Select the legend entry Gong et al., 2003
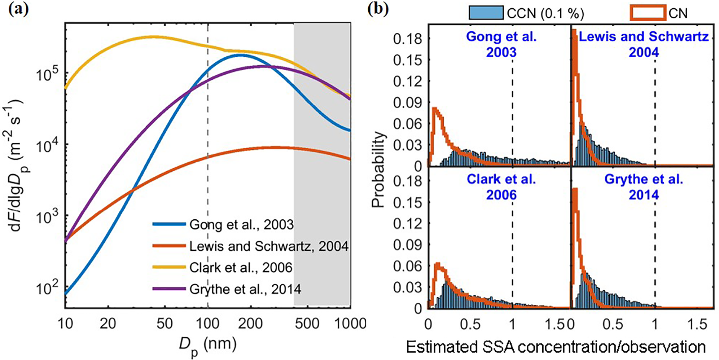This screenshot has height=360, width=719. tap(241, 224)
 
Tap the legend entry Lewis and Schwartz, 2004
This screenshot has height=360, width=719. tap(268, 246)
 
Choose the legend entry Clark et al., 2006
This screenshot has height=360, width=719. tap(241, 268)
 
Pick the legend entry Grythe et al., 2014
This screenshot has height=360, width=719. tap(245, 289)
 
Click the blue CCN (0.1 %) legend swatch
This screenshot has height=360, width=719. tap(486, 13)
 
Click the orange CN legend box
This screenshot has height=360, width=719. tap(648, 13)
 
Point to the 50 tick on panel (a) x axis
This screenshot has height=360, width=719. tap(165, 324)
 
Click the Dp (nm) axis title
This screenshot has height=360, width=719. tap(207, 346)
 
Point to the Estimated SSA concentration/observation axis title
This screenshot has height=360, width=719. tap(556, 347)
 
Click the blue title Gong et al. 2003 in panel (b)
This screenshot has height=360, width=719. tap(501, 44)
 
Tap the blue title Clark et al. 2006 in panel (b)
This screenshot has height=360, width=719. tap(501, 187)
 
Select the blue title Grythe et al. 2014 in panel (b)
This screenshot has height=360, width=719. tap(644, 187)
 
